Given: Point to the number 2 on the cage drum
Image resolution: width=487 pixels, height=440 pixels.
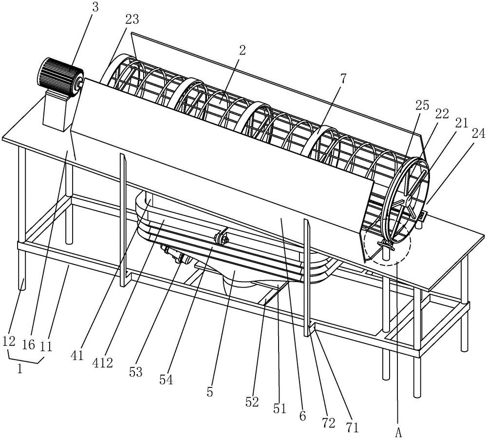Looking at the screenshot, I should [242, 50].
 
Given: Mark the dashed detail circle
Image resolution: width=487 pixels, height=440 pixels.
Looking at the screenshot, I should [387, 241].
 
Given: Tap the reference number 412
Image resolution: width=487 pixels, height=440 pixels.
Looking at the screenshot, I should [105, 362].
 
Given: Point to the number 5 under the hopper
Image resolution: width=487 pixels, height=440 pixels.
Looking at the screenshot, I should [209, 391].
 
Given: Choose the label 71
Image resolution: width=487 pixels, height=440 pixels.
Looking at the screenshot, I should [352, 427].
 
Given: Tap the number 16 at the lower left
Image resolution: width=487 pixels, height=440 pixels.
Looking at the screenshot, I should [28, 345].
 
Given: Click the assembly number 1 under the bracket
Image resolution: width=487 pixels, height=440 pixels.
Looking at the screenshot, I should [19, 369].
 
